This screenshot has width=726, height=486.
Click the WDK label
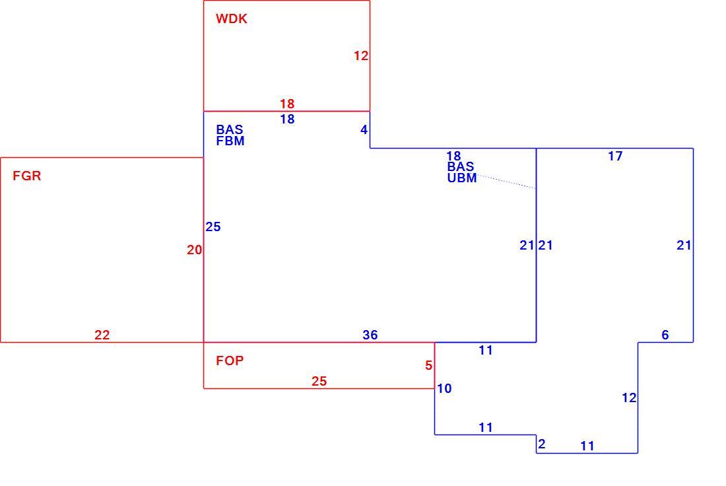point(232,19)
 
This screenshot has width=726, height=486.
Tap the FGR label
point(27,176)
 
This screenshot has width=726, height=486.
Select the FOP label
point(230,361)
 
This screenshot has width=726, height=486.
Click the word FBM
point(230,141)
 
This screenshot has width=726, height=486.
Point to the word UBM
point(462,178)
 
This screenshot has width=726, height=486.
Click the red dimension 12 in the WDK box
point(361,56)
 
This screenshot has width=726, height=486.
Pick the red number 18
point(287,104)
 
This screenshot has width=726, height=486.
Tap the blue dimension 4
point(364,130)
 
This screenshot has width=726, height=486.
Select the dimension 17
point(615,156)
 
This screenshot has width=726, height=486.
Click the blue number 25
point(213,227)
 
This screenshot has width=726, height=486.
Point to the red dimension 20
point(195,250)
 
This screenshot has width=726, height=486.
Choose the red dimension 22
point(102,335)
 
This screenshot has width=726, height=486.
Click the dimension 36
point(370,335)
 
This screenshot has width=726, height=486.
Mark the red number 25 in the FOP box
point(319,381)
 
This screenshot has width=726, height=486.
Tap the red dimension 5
point(429,366)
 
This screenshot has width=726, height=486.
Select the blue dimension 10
point(444,389)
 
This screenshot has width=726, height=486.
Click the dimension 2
point(542,444)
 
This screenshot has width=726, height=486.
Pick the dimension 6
point(665,335)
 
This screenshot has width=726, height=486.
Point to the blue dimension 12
point(629,398)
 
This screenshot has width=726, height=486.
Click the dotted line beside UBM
point(506,182)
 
